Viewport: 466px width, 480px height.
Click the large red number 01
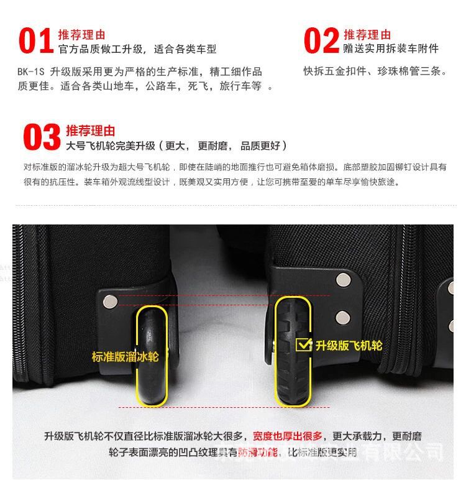coord(35,41)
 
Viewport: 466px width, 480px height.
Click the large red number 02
coord(321,41)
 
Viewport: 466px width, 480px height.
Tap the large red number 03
coord(42,137)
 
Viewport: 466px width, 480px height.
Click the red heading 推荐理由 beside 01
coord(81,34)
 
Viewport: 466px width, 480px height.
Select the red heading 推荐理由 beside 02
coord(367,34)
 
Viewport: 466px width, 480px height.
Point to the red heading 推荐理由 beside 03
coord(90,131)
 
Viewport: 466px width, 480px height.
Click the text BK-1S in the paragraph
coord(30,72)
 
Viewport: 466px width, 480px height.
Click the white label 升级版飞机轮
coord(349,345)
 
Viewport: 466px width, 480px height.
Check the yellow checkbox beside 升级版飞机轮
coord(303,344)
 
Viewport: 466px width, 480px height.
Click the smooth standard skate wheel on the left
coord(152,354)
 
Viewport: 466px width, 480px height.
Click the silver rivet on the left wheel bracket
coord(111,302)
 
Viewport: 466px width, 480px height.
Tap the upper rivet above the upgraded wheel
coord(342,279)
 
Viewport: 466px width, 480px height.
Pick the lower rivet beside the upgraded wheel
coord(342,318)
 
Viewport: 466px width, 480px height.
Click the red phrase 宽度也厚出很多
coord(287,436)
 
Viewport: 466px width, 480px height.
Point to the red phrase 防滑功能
coord(257,452)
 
